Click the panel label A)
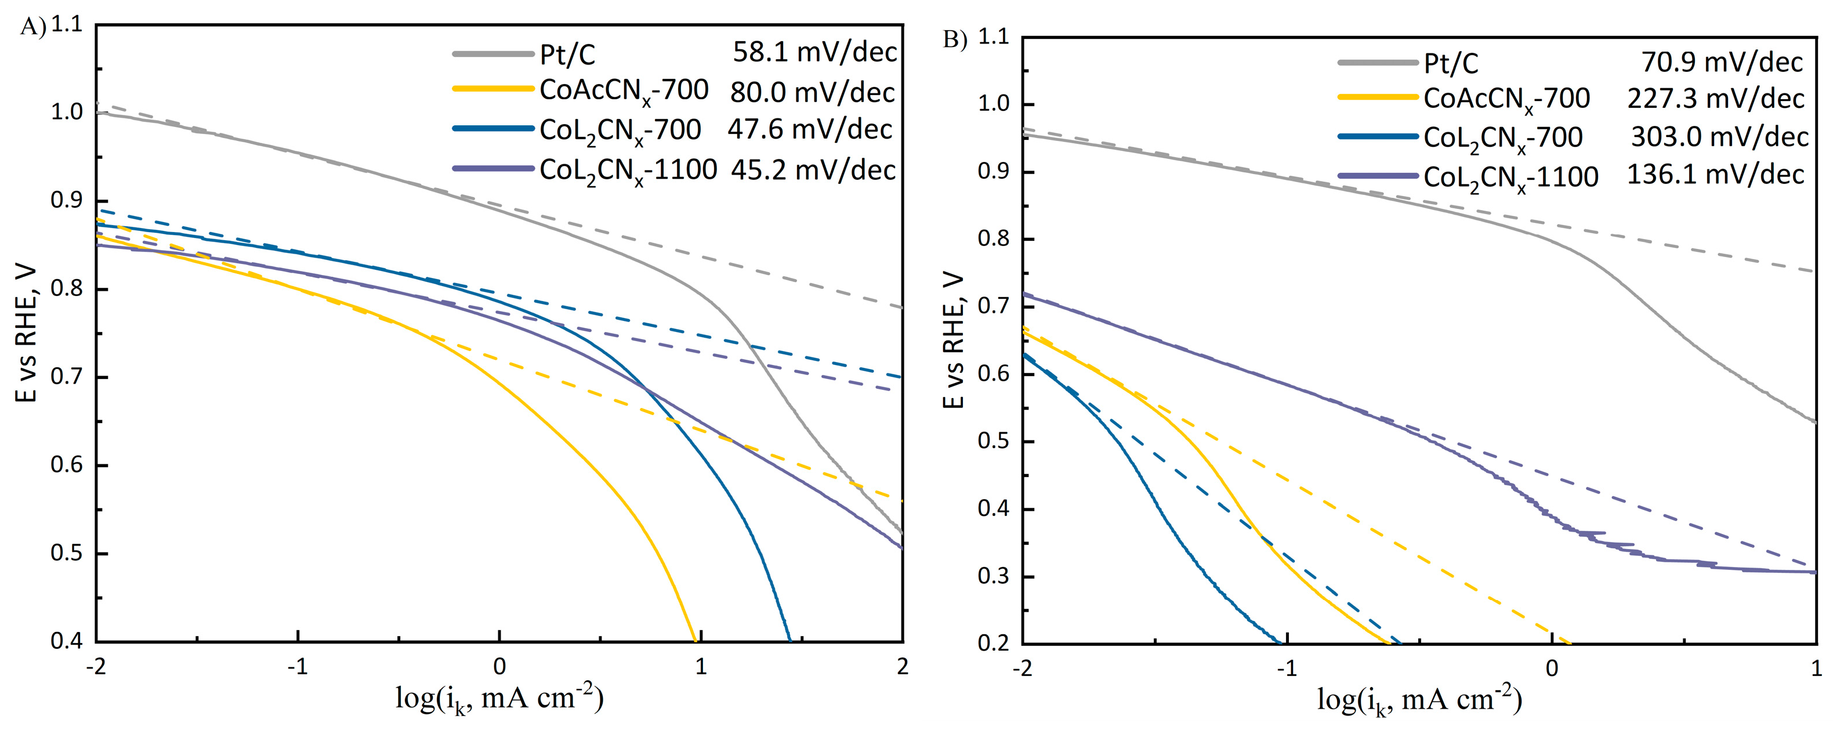pos(32,27)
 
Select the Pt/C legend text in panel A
pos(567,55)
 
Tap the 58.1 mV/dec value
pos(815,52)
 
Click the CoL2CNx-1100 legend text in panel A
pos(628,171)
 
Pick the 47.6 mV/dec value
pos(809,129)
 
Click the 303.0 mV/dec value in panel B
pos(1718,137)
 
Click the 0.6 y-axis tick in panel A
pos(67,465)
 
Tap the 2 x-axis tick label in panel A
pos(902,667)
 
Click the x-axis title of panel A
pos(499,699)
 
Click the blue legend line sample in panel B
pos(1378,136)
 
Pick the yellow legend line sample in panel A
pos(492,89)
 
